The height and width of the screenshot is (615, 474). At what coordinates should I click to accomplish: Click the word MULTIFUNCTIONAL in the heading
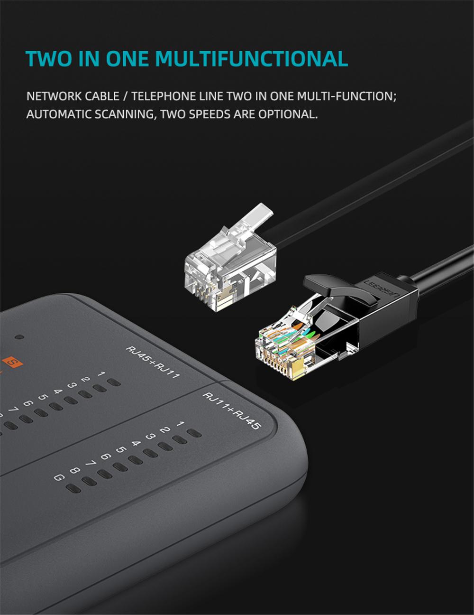[x=252, y=58]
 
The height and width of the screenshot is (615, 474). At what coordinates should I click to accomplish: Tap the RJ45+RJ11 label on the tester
[x=153, y=363]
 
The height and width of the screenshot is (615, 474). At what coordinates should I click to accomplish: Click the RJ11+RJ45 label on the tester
[x=231, y=411]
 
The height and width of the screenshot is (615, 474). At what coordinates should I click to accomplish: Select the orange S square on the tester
[x=12, y=362]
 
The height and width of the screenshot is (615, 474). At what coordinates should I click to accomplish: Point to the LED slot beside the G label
[x=73, y=489]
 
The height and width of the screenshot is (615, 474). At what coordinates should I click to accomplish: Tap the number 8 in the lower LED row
[x=74, y=470]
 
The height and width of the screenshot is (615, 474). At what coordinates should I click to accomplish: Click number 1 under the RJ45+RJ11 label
[x=101, y=374]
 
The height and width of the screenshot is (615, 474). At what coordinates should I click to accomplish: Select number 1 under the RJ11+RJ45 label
[x=180, y=424]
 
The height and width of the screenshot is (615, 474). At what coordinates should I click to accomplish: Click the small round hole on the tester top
[x=19, y=337]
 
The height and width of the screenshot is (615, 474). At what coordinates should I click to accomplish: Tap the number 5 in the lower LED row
[x=121, y=449]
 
